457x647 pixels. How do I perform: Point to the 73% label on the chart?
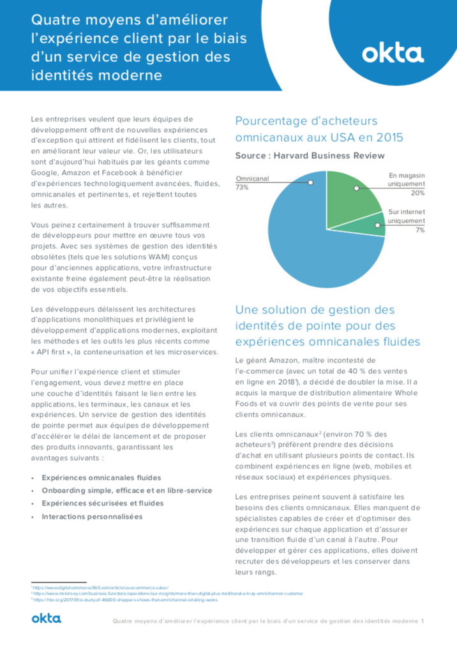(242, 188)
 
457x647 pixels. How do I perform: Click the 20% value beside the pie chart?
(418, 193)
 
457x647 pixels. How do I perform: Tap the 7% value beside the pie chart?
(420, 230)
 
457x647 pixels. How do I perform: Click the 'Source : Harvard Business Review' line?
(310, 156)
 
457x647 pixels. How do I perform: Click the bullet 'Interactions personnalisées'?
(92, 516)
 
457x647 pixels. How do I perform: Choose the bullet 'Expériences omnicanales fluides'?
(101, 477)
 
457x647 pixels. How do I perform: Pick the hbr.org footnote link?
(127, 600)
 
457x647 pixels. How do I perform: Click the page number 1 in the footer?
(423, 621)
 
